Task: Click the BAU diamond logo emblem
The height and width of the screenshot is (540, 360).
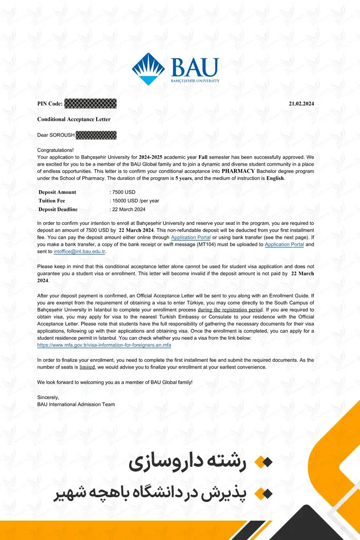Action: pos(148,69)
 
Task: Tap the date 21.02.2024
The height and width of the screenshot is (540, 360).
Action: pos(301,104)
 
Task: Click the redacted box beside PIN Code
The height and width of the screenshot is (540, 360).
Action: pos(90,104)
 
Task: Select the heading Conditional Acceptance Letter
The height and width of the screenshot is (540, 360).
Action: pos(74,119)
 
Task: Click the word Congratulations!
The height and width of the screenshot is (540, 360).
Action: pos(55,150)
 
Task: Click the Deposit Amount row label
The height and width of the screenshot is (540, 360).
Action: pos(57,192)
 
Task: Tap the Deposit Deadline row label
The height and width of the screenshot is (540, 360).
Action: pos(58,209)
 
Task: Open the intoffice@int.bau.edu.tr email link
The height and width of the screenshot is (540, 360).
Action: pos(80,252)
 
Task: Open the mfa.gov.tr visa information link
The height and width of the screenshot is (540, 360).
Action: pos(104,345)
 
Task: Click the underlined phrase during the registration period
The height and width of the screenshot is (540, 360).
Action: pos(230,310)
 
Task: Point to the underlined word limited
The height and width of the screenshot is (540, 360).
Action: pos(87,367)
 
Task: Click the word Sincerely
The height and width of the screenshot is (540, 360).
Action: pos(48,397)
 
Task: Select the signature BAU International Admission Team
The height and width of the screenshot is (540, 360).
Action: pos(76,405)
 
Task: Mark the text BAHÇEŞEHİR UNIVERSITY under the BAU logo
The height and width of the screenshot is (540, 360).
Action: pos(195,81)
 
